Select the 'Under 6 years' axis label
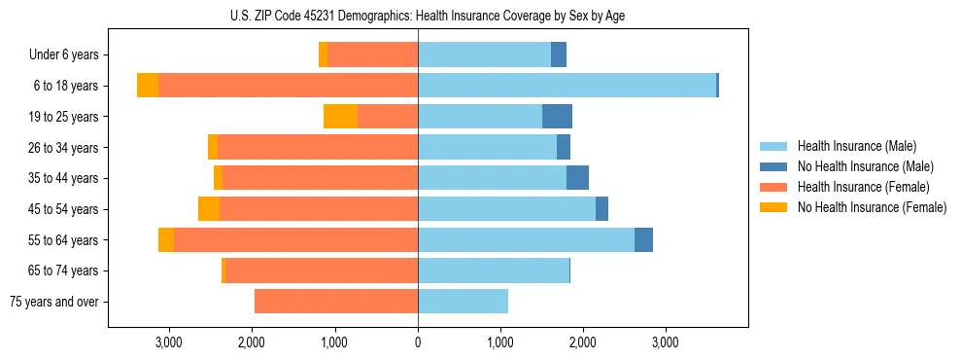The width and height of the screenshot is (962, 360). (x=70, y=55)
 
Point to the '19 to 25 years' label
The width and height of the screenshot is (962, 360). (x=67, y=117)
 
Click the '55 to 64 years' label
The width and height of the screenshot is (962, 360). (x=67, y=240)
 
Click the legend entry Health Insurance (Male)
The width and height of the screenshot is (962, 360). (x=856, y=146)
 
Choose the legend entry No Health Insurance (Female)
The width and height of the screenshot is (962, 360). (x=872, y=207)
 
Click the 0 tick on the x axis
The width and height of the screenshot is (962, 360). (x=418, y=342)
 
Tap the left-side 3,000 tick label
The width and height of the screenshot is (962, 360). (x=169, y=342)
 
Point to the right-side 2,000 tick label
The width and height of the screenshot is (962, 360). (x=583, y=342)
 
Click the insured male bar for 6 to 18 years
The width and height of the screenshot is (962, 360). (x=567, y=86)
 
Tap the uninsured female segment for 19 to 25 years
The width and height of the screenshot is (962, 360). (x=340, y=117)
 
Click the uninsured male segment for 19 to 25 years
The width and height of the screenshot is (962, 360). (x=557, y=117)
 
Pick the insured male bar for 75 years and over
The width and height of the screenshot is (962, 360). (x=463, y=302)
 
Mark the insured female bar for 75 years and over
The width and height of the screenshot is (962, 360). (x=336, y=302)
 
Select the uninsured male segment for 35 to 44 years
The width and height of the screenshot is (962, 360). (x=577, y=178)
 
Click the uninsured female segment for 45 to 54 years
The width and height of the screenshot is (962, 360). (x=209, y=209)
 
